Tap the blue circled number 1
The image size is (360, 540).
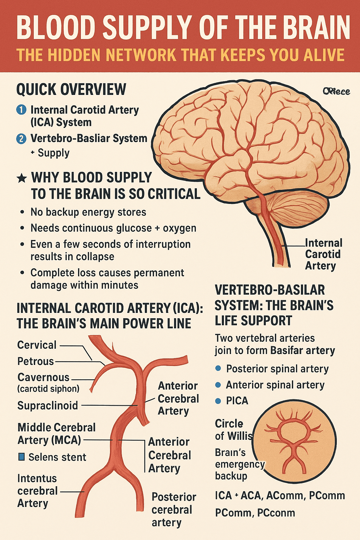coord(21,110)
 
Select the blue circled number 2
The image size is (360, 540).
coord(21,139)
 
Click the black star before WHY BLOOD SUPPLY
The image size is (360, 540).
coord(22,178)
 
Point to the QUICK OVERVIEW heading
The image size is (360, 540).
coord(71,90)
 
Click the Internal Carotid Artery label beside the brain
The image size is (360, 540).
coord(323,254)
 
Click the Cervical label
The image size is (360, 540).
coord(37,345)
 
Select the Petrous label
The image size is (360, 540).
coord(36,361)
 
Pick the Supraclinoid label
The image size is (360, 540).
coord(48,405)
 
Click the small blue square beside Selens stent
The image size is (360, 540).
coord(21,457)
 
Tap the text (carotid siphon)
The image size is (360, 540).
coord(49,389)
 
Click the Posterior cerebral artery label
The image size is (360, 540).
coord(173,509)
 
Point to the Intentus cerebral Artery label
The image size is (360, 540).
coord(37,491)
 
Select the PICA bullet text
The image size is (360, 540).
coord(237,400)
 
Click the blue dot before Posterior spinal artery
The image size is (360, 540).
coord(218,368)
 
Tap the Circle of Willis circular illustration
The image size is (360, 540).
coord(294,441)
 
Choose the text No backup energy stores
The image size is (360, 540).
coord(88,212)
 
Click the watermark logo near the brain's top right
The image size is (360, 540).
coord(336,91)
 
